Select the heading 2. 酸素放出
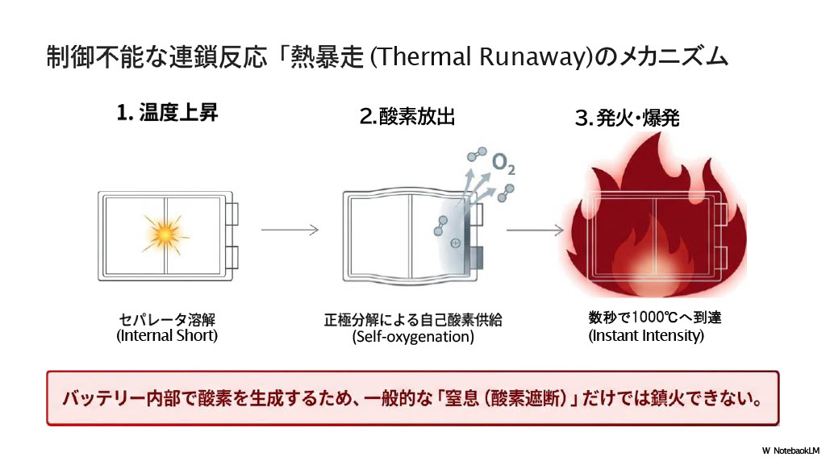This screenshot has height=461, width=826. click(x=407, y=117)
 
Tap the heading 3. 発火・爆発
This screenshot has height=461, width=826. click(x=627, y=119)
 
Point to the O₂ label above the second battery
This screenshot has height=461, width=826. click(x=504, y=165)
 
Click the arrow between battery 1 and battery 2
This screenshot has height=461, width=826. click(x=290, y=230)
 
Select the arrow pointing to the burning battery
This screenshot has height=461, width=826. click(x=534, y=230)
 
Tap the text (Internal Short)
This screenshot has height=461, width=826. click(x=167, y=335)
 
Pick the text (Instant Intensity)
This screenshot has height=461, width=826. click(x=646, y=335)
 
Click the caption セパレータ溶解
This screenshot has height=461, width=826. click(x=167, y=318)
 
